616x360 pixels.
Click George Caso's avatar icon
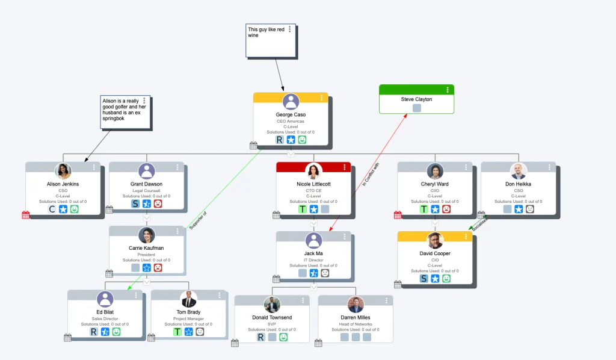[x=291, y=102]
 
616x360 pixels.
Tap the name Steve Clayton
[x=416, y=99]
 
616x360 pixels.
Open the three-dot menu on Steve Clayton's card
[x=447, y=90]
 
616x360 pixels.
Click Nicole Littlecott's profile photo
[x=313, y=171]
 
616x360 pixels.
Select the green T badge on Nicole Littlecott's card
[x=303, y=209]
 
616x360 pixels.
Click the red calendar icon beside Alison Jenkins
[x=26, y=215]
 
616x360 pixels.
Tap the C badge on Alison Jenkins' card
[x=52, y=209]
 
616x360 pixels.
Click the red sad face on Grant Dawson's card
[x=158, y=203]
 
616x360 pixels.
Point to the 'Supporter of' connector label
[x=197, y=220]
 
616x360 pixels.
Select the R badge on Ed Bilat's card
[x=94, y=332]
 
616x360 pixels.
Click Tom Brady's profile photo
[x=188, y=299]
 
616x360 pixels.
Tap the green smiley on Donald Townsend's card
[x=283, y=337]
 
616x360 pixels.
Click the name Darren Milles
[x=355, y=317]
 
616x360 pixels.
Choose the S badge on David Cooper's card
[x=424, y=278]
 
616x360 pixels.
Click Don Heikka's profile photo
[x=518, y=171]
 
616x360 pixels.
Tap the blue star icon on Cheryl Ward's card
[x=435, y=209]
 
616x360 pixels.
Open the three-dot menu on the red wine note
[x=290, y=29]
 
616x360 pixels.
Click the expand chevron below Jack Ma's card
[x=313, y=287]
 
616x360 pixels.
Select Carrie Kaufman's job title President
[x=146, y=255]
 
